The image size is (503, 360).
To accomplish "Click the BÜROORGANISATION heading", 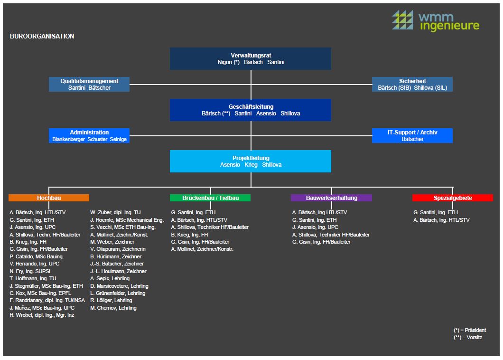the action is click(x=42, y=36).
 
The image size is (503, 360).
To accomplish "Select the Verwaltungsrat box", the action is click(x=251, y=59).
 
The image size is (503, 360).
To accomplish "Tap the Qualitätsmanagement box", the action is click(x=89, y=84).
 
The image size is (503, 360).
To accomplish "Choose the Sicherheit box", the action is click(x=412, y=84).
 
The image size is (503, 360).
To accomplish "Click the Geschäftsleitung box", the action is click(x=251, y=110).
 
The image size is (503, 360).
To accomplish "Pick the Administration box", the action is click(x=89, y=135).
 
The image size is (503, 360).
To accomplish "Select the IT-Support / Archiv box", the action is click(x=412, y=135).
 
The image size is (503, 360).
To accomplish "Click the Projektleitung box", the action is click(x=251, y=161).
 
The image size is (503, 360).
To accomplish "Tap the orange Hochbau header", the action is click(x=49, y=198).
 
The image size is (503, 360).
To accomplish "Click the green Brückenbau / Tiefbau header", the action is click(x=210, y=198).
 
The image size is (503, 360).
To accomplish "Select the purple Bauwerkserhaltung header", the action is click(x=331, y=198).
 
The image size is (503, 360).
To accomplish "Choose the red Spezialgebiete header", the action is click(x=453, y=198).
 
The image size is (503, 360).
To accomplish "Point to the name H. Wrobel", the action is click(x=22, y=315).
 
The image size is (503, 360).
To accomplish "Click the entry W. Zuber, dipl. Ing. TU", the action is click(x=115, y=212).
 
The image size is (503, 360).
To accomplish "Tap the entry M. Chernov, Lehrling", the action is click(x=113, y=308).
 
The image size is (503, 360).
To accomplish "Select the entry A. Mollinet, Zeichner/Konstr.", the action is click(x=202, y=249).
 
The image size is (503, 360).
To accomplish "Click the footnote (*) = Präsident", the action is click(x=470, y=330).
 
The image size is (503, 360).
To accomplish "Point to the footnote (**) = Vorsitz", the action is click(x=468, y=337).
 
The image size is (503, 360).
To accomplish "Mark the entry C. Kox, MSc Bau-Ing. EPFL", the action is click(x=40, y=293).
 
